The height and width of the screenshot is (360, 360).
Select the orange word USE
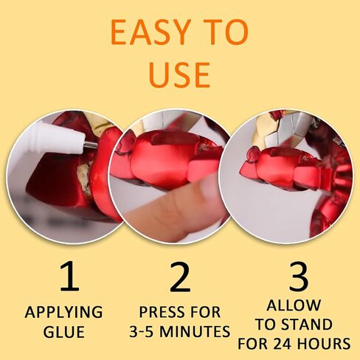pyautogui.click(x=179, y=75)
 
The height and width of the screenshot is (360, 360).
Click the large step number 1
pyautogui.click(x=70, y=276)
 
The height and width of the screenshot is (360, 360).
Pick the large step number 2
pyautogui.click(x=180, y=276)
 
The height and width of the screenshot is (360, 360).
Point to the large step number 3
pyautogui.click(x=299, y=276)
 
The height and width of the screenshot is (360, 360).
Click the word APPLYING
pyautogui.click(x=63, y=312)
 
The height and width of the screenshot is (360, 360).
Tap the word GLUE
pyautogui.click(x=64, y=332)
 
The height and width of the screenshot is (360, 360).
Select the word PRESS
pyautogui.click(x=160, y=312)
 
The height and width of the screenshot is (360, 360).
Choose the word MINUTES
pyautogui.click(x=195, y=331)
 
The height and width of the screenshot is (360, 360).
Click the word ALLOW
pyautogui.click(x=294, y=305)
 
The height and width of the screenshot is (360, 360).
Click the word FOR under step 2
pyautogui.click(x=207, y=312)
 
